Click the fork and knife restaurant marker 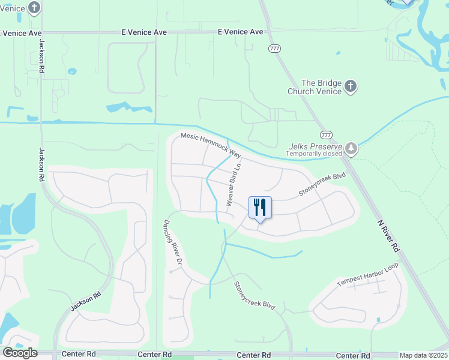[x=260, y=208]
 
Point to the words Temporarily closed [x=313, y=154]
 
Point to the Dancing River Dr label [x=172, y=242]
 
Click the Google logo [x=20, y=353]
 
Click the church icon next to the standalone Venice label [x=34, y=8]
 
